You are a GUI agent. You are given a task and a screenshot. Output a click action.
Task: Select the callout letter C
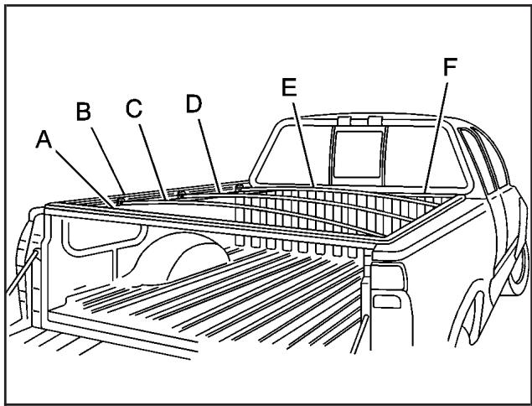click(135, 108)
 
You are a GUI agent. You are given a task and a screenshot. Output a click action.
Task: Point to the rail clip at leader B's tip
click(121, 201)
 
